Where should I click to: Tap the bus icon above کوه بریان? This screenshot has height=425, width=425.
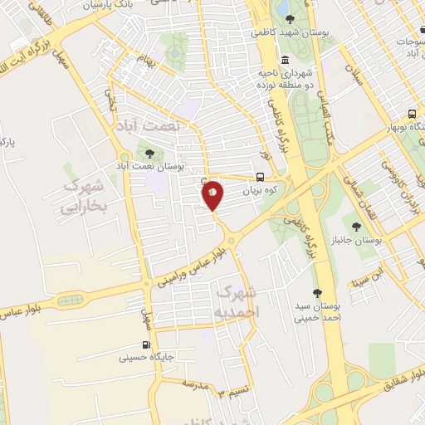[261, 177]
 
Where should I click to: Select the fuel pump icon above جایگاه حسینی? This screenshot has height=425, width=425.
[147, 345]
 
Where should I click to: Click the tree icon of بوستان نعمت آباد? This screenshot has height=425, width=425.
[149, 153]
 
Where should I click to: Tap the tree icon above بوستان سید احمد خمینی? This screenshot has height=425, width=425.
[317, 293]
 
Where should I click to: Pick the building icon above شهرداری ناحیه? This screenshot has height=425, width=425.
[286, 60]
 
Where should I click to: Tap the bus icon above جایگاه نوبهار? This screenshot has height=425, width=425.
[413, 115]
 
